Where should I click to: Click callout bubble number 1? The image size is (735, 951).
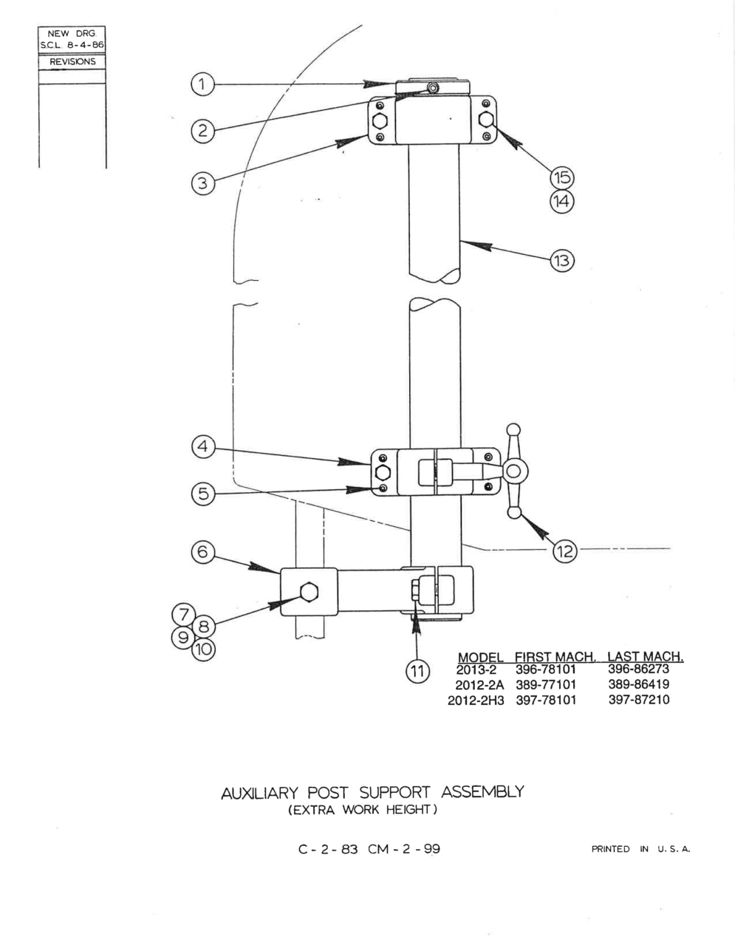pos(202,84)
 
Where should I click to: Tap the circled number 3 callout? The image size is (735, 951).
pos(202,183)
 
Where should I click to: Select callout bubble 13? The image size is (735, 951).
pos(562,261)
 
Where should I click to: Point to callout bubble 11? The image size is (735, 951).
pos(418,670)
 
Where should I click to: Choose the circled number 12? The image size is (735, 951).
pos(565,551)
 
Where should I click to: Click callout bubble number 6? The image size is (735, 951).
pos(203,552)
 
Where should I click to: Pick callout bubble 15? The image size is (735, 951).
pos(562,177)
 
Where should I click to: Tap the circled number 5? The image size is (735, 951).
pos(203,494)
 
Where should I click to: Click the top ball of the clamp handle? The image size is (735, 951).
pos(513,429)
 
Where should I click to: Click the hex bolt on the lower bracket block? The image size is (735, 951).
pos(310,592)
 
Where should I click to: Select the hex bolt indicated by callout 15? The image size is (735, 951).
pos(487,119)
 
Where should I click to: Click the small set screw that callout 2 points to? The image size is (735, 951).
pos(433,88)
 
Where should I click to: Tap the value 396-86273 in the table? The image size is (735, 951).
pos(638,669)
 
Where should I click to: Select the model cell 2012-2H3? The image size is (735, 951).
pos(476,701)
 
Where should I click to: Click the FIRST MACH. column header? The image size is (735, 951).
pos(555,657)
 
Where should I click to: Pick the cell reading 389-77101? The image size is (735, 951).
pos(546,684)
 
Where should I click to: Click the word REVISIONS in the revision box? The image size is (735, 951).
pos(72,62)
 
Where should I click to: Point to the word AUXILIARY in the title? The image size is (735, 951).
pos(259,793)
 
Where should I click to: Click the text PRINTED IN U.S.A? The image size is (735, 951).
pos(641,849)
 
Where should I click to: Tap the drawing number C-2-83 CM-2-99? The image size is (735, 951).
pos(369,850)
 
